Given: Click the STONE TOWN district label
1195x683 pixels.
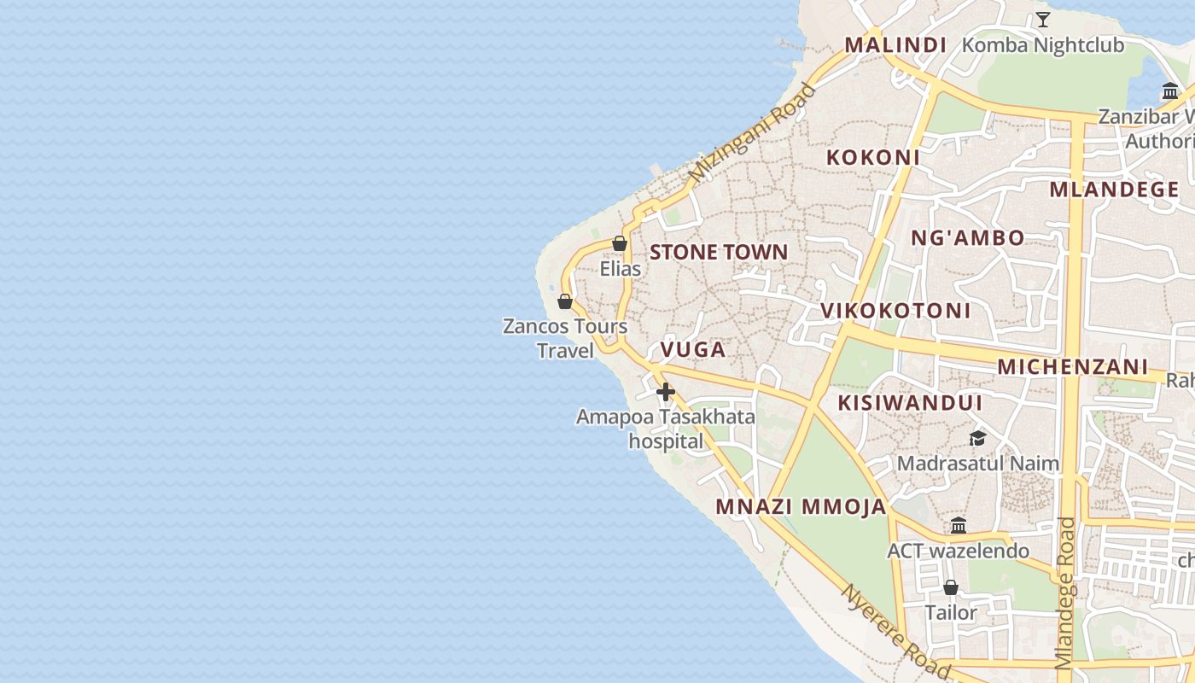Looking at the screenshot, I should click(718, 252).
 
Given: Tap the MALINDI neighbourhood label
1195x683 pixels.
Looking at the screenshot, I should click(895, 45).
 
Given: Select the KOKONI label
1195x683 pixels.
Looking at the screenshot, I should click(872, 157).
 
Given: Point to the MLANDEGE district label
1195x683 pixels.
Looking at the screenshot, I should click(1114, 190).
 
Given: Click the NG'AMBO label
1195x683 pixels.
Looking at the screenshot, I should click(967, 238).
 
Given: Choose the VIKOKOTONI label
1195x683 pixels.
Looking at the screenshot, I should click(895, 311).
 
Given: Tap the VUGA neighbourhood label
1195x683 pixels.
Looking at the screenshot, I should click(692, 349).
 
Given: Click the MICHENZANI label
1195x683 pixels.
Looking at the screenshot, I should click(1072, 367).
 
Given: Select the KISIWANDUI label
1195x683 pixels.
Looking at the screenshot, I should click(910, 403).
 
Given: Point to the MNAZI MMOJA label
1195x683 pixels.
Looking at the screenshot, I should click(801, 506).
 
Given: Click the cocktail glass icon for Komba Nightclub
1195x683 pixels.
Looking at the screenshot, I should click(1042, 19).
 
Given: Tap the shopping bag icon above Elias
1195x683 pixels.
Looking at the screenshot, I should click(620, 243).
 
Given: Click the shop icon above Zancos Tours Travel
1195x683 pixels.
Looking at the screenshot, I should click(564, 301).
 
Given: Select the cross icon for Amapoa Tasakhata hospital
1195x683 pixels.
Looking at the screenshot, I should click(666, 392).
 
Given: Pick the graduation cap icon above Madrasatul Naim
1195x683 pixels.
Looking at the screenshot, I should click(977, 438).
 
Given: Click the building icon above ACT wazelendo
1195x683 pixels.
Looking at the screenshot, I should click(958, 525).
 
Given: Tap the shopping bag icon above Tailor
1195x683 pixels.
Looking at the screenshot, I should click(950, 587).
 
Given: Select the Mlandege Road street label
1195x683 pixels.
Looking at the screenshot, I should click(1064, 593).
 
